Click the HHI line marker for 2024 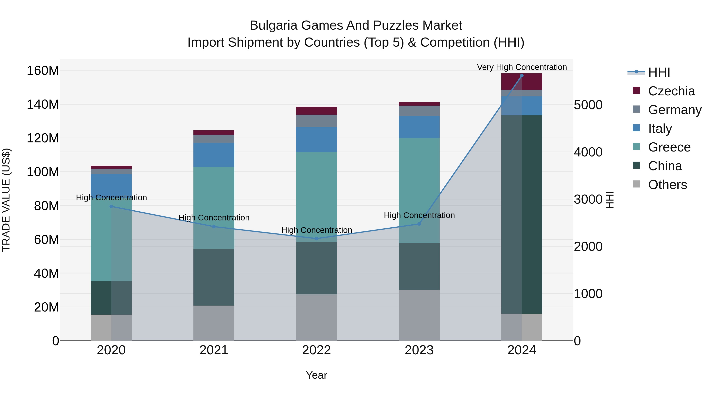(x=522, y=76)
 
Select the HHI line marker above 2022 (x=316, y=238)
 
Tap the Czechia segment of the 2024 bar (x=522, y=82)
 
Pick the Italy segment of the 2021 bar (x=214, y=155)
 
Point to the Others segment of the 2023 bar (x=419, y=315)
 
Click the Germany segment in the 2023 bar (x=419, y=111)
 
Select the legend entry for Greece (x=669, y=147)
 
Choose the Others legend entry (x=667, y=185)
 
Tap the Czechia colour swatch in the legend (x=636, y=90)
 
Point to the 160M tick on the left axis (x=43, y=71)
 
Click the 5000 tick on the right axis (x=588, y=105)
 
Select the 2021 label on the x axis (x=214, y=350)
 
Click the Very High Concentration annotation (x=522, y=67)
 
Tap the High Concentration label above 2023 (x=419, y=215)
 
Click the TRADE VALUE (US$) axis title (x=6, y=200)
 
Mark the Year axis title (x=316, y=375)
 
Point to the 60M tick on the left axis (x=46, y=240)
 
